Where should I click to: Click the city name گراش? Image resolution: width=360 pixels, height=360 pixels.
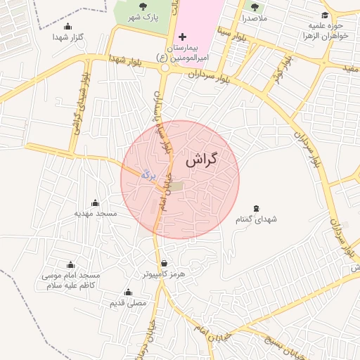coord(202,160)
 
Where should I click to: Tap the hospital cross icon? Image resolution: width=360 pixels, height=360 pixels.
coord(183,36)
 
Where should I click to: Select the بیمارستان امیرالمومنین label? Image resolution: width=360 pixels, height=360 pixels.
coord(192,51)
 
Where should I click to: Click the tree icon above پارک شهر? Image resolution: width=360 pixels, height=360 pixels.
coord(143,6)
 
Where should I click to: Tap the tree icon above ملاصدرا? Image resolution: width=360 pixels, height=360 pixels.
coord(254,6)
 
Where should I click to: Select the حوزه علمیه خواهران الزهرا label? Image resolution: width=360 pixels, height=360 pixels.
coord(322,30)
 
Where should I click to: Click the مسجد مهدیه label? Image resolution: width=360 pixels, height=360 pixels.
coord(96,212)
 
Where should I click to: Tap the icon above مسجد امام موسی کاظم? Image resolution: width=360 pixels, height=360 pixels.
coord(70,265)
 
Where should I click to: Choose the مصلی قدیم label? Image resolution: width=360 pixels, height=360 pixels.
coord(128,302)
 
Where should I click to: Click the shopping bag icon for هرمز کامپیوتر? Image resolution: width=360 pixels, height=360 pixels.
coord(164,264)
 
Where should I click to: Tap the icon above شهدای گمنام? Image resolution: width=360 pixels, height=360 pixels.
coord(257,208)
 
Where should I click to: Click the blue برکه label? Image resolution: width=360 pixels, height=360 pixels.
coord(147,173)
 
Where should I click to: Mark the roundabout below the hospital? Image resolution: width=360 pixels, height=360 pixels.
coord(167,68)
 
